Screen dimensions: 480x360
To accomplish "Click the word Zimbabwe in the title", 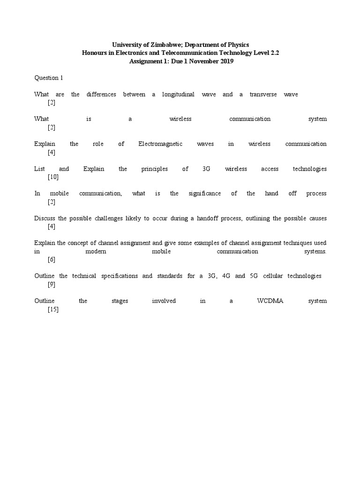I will tap(159, 45).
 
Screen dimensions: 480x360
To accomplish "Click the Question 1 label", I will tap(48, 78).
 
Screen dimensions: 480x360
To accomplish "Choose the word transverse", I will tap(263, 94).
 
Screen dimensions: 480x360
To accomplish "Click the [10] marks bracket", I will tap(53, 177).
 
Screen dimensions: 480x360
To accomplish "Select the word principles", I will tap(154, 169).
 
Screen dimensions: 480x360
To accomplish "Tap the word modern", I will tap(96, 251).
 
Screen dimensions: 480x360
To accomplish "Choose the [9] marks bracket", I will tap(52, 284).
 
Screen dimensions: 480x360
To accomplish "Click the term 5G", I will tap(254, 276).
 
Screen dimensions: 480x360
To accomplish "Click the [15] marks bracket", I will tap(53, 309).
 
